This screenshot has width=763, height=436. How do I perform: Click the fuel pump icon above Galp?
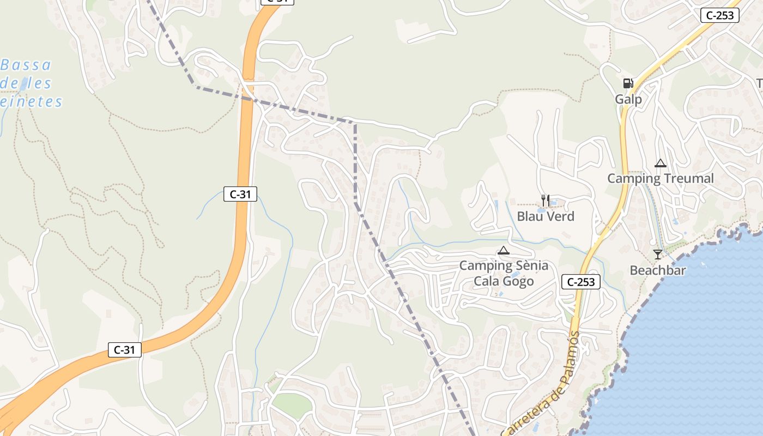point(628,83)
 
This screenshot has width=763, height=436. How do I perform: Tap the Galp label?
point(628,99)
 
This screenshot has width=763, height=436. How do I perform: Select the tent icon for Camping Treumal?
point(661,163)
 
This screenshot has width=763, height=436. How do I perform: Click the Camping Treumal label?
point(660,178)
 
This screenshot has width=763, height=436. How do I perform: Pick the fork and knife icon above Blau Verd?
point(546,201)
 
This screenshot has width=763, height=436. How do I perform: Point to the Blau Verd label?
point(546,216)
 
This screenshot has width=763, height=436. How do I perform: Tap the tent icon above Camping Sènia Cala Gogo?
point(503,251)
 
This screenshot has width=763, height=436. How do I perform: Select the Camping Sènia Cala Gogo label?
point(504,274)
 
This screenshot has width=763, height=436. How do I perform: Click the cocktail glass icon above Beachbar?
point(658,255)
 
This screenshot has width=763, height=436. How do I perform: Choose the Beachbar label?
point(658,270)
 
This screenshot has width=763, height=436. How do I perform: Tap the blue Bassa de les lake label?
point(30,83)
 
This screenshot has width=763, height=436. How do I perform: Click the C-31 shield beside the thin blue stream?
point(240,193)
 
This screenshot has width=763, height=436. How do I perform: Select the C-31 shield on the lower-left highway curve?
point(124,349)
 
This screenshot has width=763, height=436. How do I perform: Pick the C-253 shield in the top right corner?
point(719,15)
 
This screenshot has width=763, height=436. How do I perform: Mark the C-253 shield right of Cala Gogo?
point(580,282)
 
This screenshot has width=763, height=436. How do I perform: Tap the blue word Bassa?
point(26,65)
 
